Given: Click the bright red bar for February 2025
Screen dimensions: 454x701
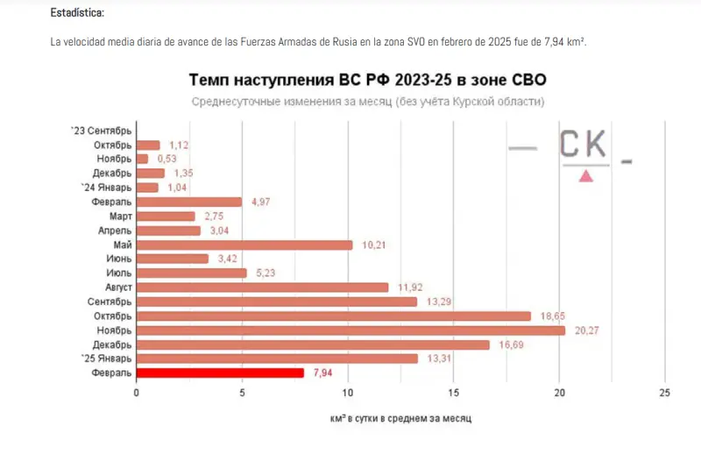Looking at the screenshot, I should pyautogui.click(x=220, y=372).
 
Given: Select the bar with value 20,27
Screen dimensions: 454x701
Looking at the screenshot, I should pyautogui.click(x=350, y=330).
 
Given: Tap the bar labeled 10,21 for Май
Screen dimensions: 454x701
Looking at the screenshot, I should pyautogui.click(x=244, y=245).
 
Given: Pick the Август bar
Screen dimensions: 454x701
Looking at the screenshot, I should pyautogui.click(x=262, y=287).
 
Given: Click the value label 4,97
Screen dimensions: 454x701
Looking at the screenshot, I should pyautogui.click(x=260, y=202).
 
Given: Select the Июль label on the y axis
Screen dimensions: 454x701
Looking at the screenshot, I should pyautogui.click(x=119, y=273).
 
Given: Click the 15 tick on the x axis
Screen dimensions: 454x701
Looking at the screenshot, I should pyautogui.click(x=453, y=392).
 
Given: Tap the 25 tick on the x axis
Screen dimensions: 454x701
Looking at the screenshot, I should pyautogui.click(x=664, y=392).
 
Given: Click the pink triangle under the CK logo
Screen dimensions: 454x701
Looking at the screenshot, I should pyautogui.click(x=585, y=175).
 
